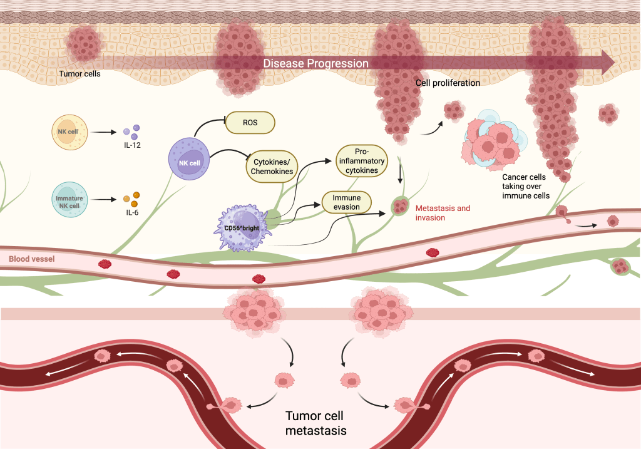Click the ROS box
[250, 123]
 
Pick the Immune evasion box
[346, 202]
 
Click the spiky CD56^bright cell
[243, 226]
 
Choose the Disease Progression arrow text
[315, 63]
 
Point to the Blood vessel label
[32, 258]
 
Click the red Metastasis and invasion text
[443, 213]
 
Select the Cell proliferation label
[448, 83]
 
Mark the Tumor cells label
[79, 73]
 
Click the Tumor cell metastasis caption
[315, 423]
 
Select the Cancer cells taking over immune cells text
[526, 186]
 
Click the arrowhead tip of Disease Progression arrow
[613, 63]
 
